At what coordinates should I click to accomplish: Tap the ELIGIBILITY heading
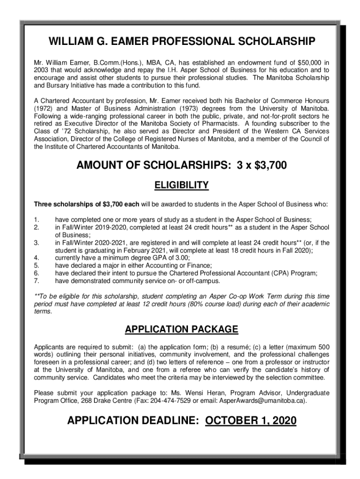181,186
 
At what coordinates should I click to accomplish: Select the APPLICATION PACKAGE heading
181,329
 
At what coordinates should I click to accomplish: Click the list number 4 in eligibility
36,257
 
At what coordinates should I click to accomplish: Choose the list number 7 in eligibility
36,281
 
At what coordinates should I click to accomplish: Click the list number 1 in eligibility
36,219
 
